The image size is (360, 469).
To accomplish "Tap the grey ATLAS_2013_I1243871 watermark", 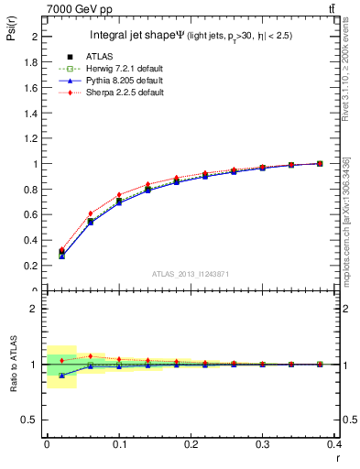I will pyautogui.click(x=191, y=275).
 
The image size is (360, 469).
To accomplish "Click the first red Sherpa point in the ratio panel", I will pyautogui.click(x=61, y=360).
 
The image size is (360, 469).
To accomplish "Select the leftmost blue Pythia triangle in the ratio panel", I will pyautogui.click(x=61, y=376).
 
